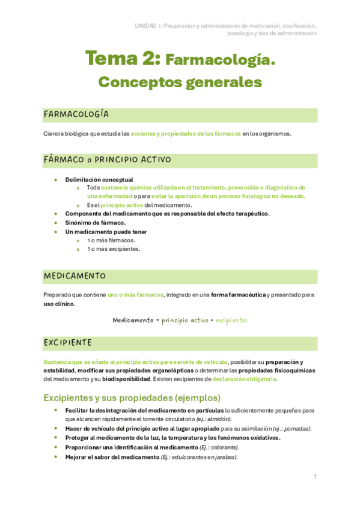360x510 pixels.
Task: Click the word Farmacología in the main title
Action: click(219, 60)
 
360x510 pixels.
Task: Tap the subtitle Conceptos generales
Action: click(180, 81)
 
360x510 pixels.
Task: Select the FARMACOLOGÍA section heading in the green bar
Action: click(76, 114)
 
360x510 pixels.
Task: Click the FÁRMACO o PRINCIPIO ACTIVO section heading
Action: click(107, 160)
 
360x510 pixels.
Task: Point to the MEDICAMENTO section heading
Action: click(75, 276)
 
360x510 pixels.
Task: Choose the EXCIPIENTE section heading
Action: click(68, 343)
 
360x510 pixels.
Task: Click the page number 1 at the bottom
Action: click(315, 476)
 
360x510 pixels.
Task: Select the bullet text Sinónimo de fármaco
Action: click(96, 223)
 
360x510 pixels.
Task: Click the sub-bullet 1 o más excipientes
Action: click(115, 248)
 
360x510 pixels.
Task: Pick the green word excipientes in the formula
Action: click(231, 321)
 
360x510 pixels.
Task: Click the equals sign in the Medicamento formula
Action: click(157, 321)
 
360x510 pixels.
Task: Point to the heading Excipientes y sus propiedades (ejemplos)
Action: click(132, 398)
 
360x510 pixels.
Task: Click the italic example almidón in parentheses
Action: click(219, 419)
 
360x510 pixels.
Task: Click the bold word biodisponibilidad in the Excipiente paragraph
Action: click(126, 379)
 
